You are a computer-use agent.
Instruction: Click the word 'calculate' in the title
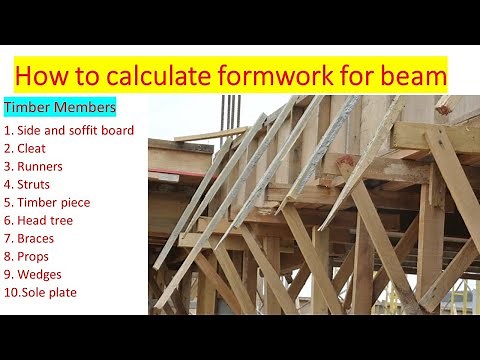click(x=146, y=75)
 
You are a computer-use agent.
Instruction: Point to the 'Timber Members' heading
click(x=60, y=106)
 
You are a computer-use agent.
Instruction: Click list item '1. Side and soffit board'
click(x=69, y=130)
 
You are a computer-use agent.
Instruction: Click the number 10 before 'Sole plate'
click(x=10, y=292)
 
